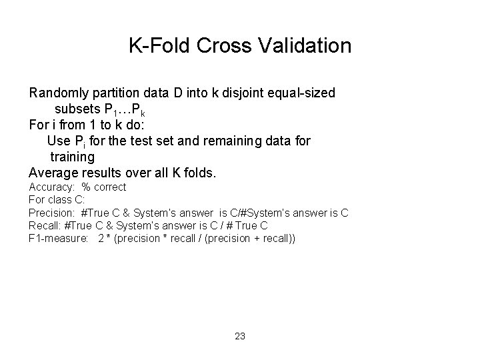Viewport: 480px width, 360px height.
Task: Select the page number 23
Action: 240,336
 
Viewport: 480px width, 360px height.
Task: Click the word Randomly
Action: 59,93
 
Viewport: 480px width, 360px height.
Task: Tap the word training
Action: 73,157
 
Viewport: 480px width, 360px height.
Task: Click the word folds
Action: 199,173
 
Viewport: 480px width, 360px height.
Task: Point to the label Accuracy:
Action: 51,187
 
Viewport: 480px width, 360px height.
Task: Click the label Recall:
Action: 43,225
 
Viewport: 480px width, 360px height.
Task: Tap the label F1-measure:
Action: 59,238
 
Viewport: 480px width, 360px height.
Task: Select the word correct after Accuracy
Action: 109,187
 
